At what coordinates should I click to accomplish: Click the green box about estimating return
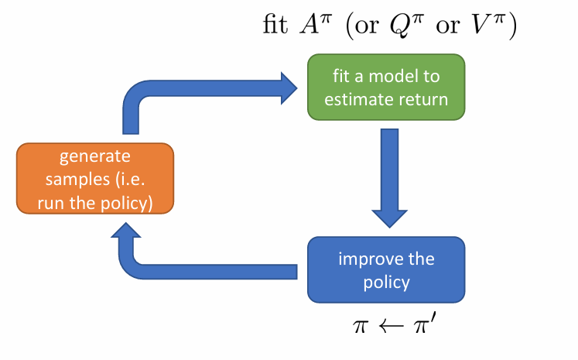click(x=386, y=87)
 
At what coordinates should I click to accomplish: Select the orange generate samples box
click(x=95, y=179)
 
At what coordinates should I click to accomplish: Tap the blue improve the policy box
click(x=386, y=270)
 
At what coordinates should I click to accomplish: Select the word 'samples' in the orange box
click(x=72, y=180)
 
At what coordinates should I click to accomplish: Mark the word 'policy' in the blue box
click(x=386, y=282)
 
